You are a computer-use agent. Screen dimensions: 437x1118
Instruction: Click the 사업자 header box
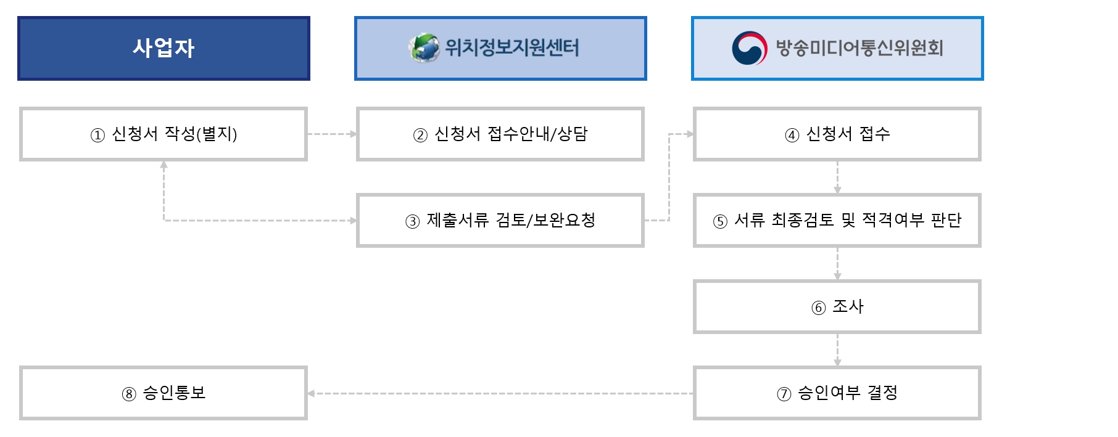(164, 48)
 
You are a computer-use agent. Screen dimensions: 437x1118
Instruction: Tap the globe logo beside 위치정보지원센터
(424, 48)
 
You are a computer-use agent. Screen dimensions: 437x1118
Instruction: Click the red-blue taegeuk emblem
(749, 48)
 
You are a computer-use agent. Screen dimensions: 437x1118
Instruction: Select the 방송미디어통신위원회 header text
(859, 48)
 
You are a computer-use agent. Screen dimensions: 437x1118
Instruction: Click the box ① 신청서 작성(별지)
(164, 134)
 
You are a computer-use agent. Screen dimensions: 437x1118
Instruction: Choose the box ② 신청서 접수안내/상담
(500, 134)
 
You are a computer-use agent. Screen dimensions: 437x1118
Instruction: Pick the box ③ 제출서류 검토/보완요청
(500, 221)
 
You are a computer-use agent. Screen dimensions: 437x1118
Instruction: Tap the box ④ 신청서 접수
(837, 134)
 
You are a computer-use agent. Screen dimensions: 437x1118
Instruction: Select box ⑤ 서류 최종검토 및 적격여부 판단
(837, 221)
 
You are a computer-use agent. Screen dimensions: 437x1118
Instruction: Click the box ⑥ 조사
(837, 307)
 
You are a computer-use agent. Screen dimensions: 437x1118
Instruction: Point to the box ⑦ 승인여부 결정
(837, 393)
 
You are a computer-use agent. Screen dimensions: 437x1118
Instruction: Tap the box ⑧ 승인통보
(164, 393)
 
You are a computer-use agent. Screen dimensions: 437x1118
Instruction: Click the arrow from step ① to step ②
(332, 134)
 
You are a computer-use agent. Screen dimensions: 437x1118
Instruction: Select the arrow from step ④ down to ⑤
(837, 178)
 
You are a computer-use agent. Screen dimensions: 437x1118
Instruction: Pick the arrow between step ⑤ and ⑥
(837, 264)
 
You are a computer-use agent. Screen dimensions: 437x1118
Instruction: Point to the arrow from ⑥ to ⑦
(837, 350)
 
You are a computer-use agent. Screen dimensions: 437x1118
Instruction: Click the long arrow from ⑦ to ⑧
(500, 393)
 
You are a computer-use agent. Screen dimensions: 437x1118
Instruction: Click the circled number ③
(412, 222)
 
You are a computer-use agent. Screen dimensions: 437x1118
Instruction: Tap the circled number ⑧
(128, 394)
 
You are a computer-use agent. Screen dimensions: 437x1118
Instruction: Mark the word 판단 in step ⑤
(946, 220)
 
